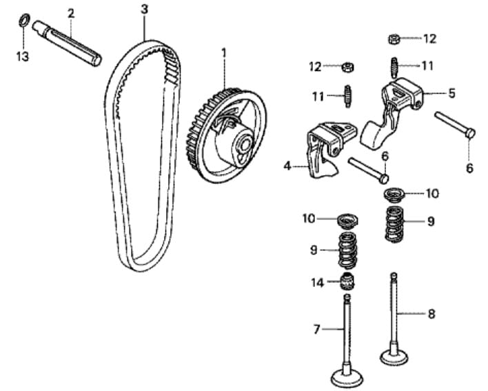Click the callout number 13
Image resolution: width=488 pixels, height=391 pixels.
23,57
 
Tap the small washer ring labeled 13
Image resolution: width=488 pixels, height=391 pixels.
22,20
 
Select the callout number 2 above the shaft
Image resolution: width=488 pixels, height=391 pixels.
71,13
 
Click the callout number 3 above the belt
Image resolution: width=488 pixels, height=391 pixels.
145,10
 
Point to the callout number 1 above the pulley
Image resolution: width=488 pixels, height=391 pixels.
224,53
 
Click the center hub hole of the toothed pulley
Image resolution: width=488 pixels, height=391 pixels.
245,144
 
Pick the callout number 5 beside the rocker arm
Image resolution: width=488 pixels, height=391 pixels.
451,93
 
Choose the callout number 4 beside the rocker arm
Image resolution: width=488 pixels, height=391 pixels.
287,166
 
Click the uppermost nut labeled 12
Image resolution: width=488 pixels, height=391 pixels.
394,39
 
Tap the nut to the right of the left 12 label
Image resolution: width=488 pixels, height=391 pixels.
348,67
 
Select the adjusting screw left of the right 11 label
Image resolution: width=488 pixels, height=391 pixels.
394,68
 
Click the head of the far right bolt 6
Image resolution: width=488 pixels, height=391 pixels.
471,133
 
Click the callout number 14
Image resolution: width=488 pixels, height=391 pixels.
318,283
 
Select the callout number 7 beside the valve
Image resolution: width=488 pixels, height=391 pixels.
316,329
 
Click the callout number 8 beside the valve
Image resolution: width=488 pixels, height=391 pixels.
431,314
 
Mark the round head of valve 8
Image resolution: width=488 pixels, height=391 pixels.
394,357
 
